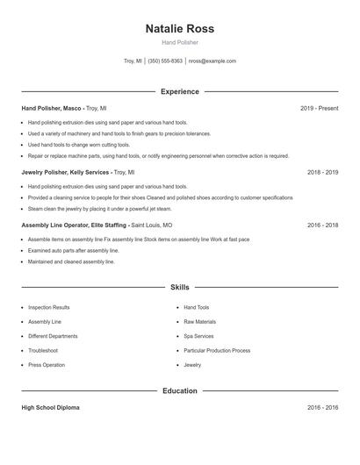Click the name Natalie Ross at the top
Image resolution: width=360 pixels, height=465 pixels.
pos(180,28)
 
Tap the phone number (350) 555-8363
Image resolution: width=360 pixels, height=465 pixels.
pos(165,61)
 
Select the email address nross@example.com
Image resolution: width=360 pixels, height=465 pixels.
pos(212,61)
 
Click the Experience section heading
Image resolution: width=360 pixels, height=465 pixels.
pos(180,91)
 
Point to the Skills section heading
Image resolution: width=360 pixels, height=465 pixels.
pos(180,287)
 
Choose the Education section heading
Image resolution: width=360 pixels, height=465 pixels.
pos(180,390)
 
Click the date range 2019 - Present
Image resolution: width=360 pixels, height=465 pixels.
pos(319,108)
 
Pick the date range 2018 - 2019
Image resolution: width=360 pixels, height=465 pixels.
pos(322,173)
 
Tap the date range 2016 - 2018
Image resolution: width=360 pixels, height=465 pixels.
pos(322,225)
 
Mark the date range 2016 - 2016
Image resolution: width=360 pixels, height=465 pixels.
pos(322,408)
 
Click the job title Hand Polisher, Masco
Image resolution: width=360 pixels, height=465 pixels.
pos(53,108)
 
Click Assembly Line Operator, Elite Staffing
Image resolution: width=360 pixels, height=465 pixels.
pos(74,225)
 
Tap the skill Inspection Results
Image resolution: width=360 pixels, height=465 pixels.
pos(48,308)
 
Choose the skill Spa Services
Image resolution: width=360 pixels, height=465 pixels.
pos(198,336)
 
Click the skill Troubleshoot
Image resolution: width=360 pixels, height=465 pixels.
pos(43,350)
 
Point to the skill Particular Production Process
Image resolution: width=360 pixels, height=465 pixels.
pos(217,350)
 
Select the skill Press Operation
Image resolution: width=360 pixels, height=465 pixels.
pos(47,365)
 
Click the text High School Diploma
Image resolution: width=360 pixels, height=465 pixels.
pos(51,408)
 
